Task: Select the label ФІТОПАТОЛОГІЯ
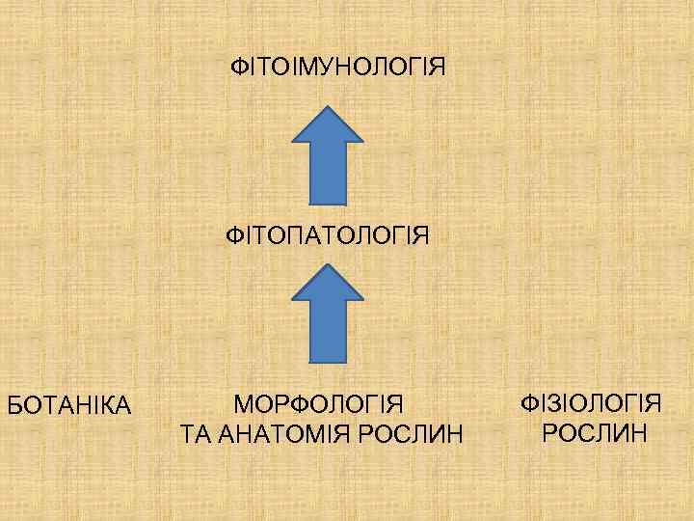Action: click(328, 234)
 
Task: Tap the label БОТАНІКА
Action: click(69, 404)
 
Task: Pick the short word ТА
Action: click(197, 434)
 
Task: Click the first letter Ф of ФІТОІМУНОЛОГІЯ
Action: click(238, 69)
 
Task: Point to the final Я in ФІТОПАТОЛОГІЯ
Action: click(420, 234)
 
